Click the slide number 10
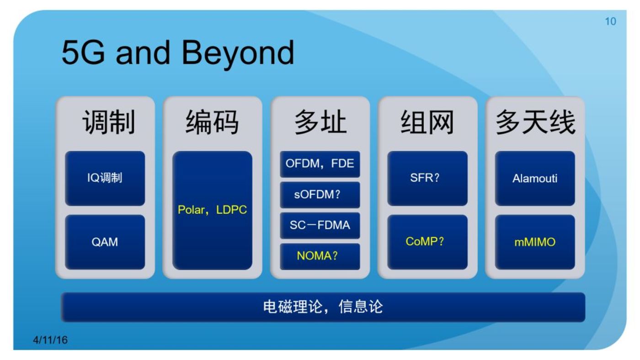[610, 21]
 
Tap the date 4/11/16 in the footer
[50, 340]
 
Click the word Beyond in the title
[238, 53]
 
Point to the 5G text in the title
[84, 53]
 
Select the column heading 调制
[109, 122]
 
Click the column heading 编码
[212, 122]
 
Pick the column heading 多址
[320, 122]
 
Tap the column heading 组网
[427, 122]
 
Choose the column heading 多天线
[535, 122]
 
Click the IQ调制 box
[105, 178]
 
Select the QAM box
[105, 242]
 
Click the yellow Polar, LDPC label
[212, 210]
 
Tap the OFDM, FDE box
[320, 164]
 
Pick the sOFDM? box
[320, 195]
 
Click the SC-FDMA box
[320, 225]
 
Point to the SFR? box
[427, 178]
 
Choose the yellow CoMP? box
[427, 242]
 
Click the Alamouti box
[535, 178]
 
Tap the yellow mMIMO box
[535, 242]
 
